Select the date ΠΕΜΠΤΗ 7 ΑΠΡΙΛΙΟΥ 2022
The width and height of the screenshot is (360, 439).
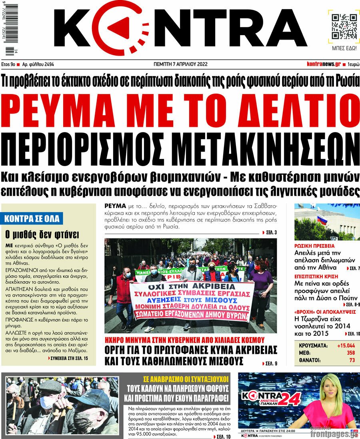click(180, 64)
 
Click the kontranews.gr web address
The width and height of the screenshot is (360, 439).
click(324, 64)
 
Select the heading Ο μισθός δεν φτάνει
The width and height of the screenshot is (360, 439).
click(42, 234)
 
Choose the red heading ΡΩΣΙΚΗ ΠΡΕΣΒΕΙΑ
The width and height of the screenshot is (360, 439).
click(314, 246)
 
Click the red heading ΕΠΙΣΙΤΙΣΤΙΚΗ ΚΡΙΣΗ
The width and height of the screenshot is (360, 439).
click(316, 277)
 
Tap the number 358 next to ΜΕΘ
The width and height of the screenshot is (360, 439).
click(350, 353)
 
